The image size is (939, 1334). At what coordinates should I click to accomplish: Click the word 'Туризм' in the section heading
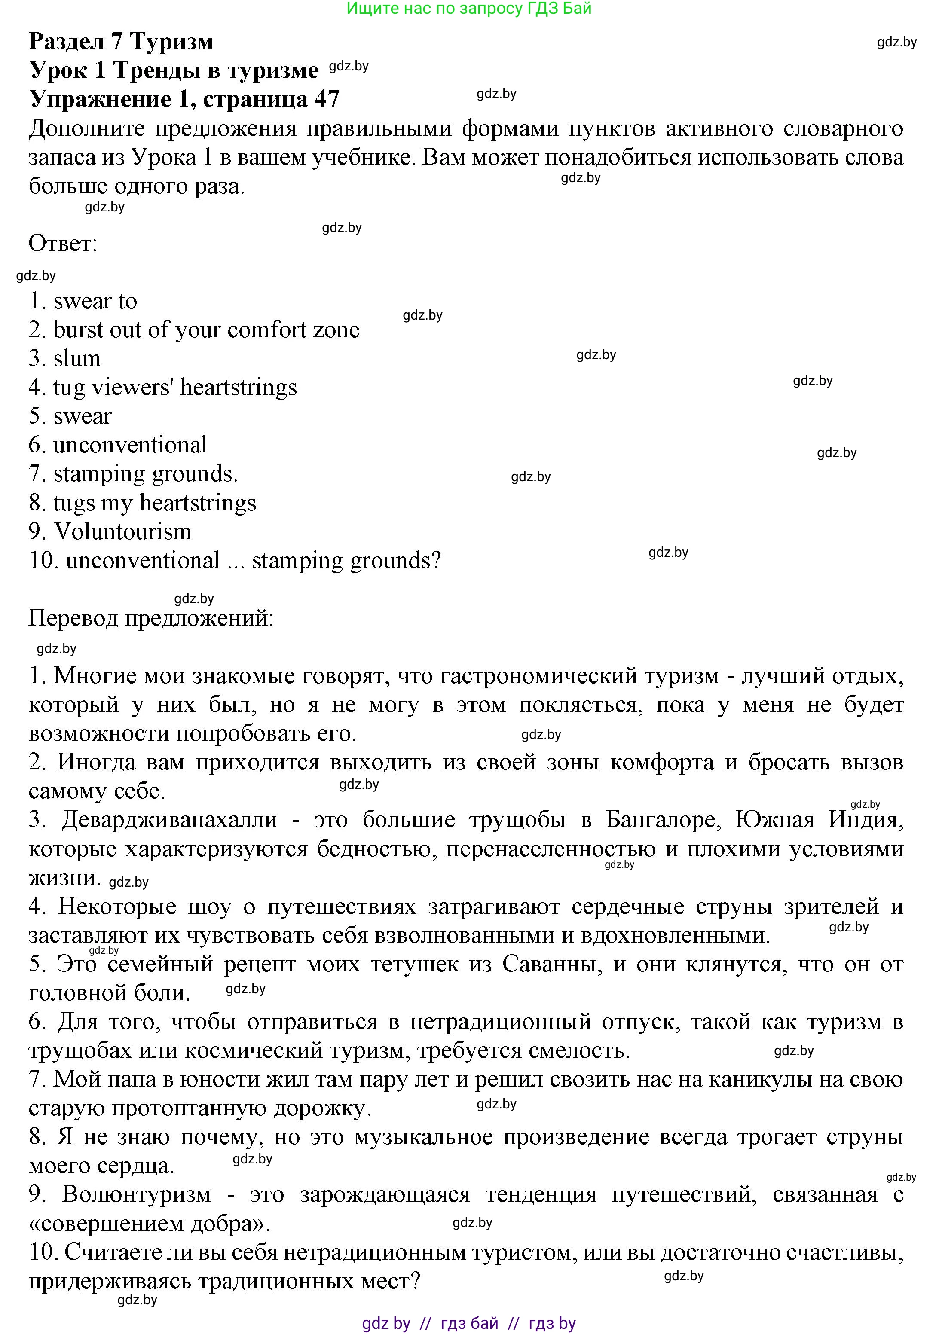[x=171, y=41]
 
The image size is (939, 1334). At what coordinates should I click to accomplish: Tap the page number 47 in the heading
[x=327, y=99]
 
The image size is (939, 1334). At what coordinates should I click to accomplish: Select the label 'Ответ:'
[x=63, y=244]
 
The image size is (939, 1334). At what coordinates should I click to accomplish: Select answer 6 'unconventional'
[x=130, y=445]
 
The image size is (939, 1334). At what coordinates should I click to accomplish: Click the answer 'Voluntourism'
[x=122, y=531]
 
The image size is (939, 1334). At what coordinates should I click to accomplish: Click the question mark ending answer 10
[x=436, y=561]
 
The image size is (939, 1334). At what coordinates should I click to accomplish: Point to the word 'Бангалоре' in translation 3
[x=664, y=820]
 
